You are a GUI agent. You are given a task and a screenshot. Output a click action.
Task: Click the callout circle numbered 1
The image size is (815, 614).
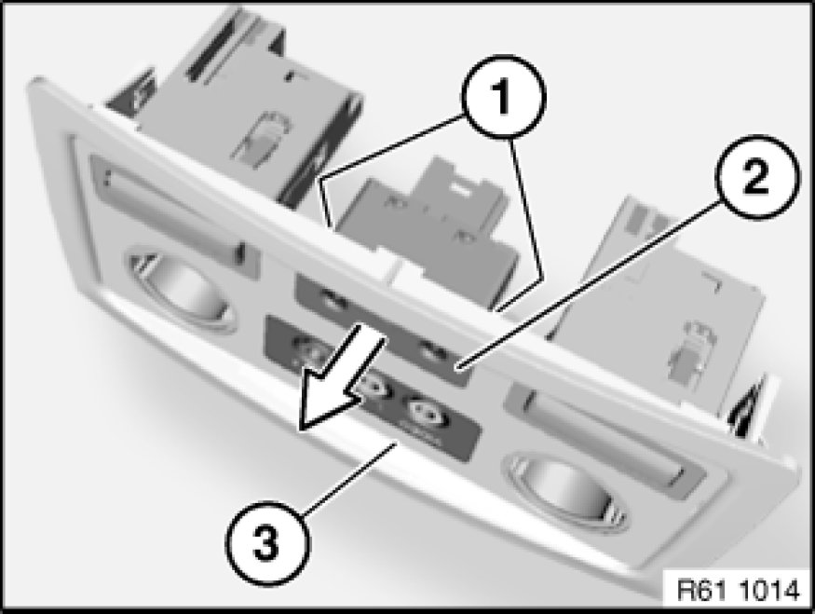pos(503,97)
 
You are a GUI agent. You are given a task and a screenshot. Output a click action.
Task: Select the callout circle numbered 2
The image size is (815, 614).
pos(756,178)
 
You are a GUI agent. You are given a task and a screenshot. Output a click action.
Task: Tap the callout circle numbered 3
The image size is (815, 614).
pos(267,544)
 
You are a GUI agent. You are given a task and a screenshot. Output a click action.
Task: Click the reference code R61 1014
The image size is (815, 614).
pos(738,590)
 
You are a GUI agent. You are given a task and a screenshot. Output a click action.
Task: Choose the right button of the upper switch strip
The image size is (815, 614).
pos(431,352)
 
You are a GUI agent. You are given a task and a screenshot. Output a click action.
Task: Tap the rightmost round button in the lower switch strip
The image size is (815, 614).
pos(428,413)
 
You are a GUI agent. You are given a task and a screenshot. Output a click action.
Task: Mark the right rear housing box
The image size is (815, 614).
pos(660,291)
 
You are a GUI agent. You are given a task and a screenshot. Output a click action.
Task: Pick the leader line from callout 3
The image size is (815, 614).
pos(349,478)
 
